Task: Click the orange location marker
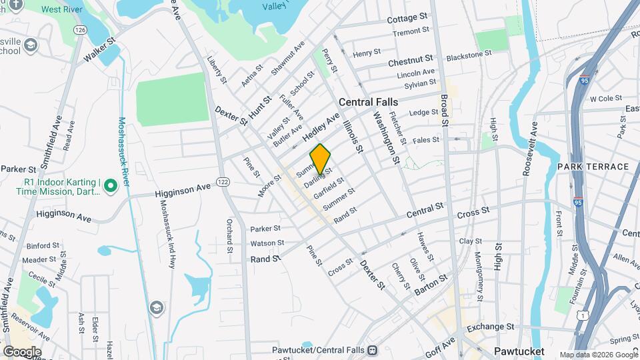(321, 158)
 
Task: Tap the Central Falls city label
(368, 102)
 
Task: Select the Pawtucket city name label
(519, 351)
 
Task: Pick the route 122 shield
(223, 182)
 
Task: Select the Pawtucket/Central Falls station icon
(371, 349)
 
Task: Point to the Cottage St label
(407, 17)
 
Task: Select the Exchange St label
(491, 327)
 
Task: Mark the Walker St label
(99, 51)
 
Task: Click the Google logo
(22, 351)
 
